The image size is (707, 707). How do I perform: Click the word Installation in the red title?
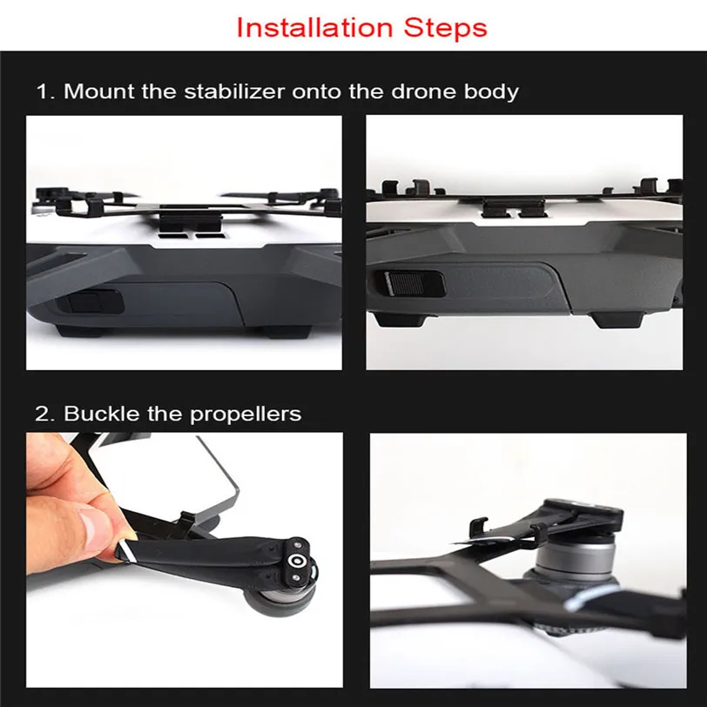tap(314, 28)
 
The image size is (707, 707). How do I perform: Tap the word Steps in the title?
tap(446, 28)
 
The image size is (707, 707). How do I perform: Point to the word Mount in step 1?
tap(98, 91)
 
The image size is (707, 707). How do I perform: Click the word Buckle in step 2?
tap(102, 413)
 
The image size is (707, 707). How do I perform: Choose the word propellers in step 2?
tap(246, 414)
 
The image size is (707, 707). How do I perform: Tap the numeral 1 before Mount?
tap(44, 91)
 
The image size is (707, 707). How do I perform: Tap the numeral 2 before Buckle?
tap(44, 414)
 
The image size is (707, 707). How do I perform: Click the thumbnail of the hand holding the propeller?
tap(185, 560)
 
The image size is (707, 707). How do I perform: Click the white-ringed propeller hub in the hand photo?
tap(296, 561)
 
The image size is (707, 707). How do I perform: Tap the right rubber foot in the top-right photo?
tap(617, 320)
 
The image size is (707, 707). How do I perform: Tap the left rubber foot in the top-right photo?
tap(399, 320)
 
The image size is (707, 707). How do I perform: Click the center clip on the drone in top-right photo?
tap(515, 209)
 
